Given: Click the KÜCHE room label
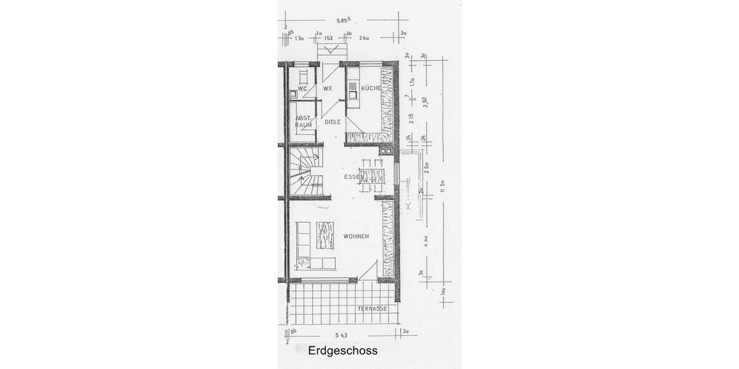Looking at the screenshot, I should [x=371, y=88].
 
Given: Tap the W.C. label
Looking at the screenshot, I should [x=302, y=89].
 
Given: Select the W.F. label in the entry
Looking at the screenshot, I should [x=328, y=89].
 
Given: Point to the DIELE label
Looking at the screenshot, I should [x=333, y=122].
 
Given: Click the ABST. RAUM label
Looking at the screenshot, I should [x=303, y=121].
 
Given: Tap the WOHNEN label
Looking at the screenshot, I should [x=356, y=236].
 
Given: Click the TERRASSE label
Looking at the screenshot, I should [x=373, y=308].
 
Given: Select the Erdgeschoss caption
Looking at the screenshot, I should [x=342, y=351].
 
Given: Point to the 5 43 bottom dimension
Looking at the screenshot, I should [x=342, y=335].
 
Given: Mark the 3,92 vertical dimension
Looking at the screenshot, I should [x=424, y=102].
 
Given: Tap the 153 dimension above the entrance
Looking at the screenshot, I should [x=328, y=38].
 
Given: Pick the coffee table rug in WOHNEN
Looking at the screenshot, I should [x=325, y=235].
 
